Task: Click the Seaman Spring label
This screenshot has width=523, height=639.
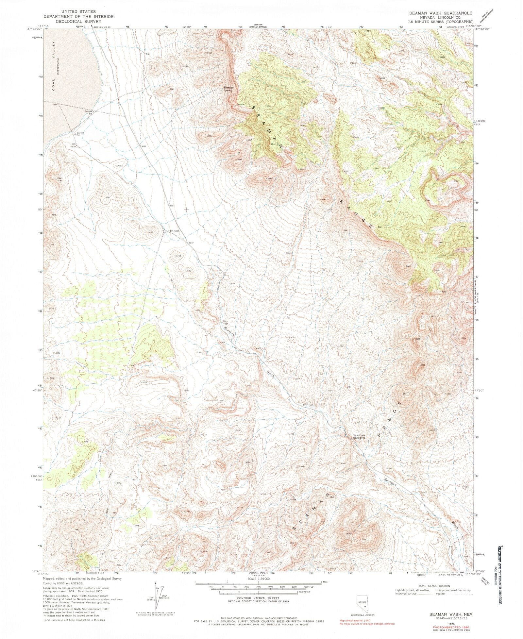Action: [228, 89]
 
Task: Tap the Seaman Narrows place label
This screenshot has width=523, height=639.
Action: [358, 436]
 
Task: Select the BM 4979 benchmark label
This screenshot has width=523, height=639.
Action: [73, 145]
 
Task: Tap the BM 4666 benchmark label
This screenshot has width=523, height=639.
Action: [308, 405]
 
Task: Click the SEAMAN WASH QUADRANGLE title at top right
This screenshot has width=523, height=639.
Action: [440, 13]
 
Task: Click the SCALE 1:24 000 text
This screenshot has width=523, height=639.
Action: [258, 578]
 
